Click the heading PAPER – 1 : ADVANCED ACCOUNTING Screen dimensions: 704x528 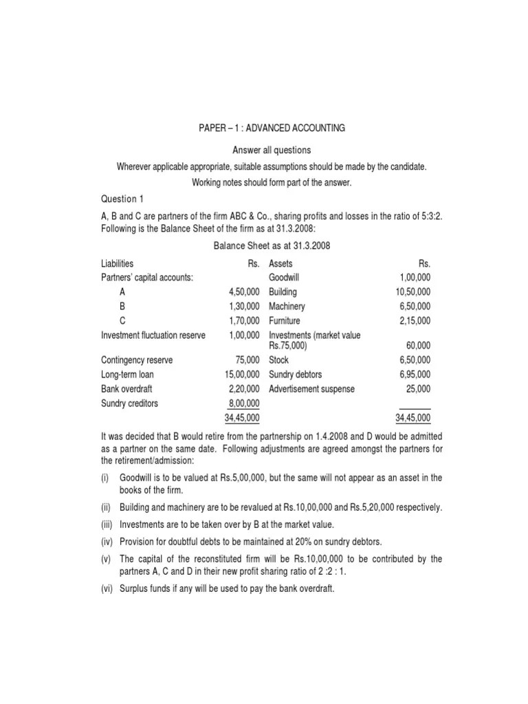pyautogui.click(x=272, y=128)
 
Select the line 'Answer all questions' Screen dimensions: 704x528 pyautogui.click(x=272, y=150)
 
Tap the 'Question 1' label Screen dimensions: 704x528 pyautogui.click(x=122, y=199)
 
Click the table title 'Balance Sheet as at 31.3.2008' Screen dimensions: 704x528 pyautogui.click(x=272, y=245)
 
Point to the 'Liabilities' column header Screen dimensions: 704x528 pyautogui.click(x=118, y=263)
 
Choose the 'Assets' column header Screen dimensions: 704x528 pyautogui.click(x=280, y=263)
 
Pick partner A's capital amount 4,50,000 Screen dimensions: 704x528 pyautogui.click(x=244, y=292)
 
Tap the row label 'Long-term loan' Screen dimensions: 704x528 pyautogui.click(x=127, y=375)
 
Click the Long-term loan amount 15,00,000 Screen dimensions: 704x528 pyautogui.click(x=242, y=375)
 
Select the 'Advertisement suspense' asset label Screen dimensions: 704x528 pyautogui.click(x=311, y=389)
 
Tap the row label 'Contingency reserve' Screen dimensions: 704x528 pyautogui.click(x=137, y=360)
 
